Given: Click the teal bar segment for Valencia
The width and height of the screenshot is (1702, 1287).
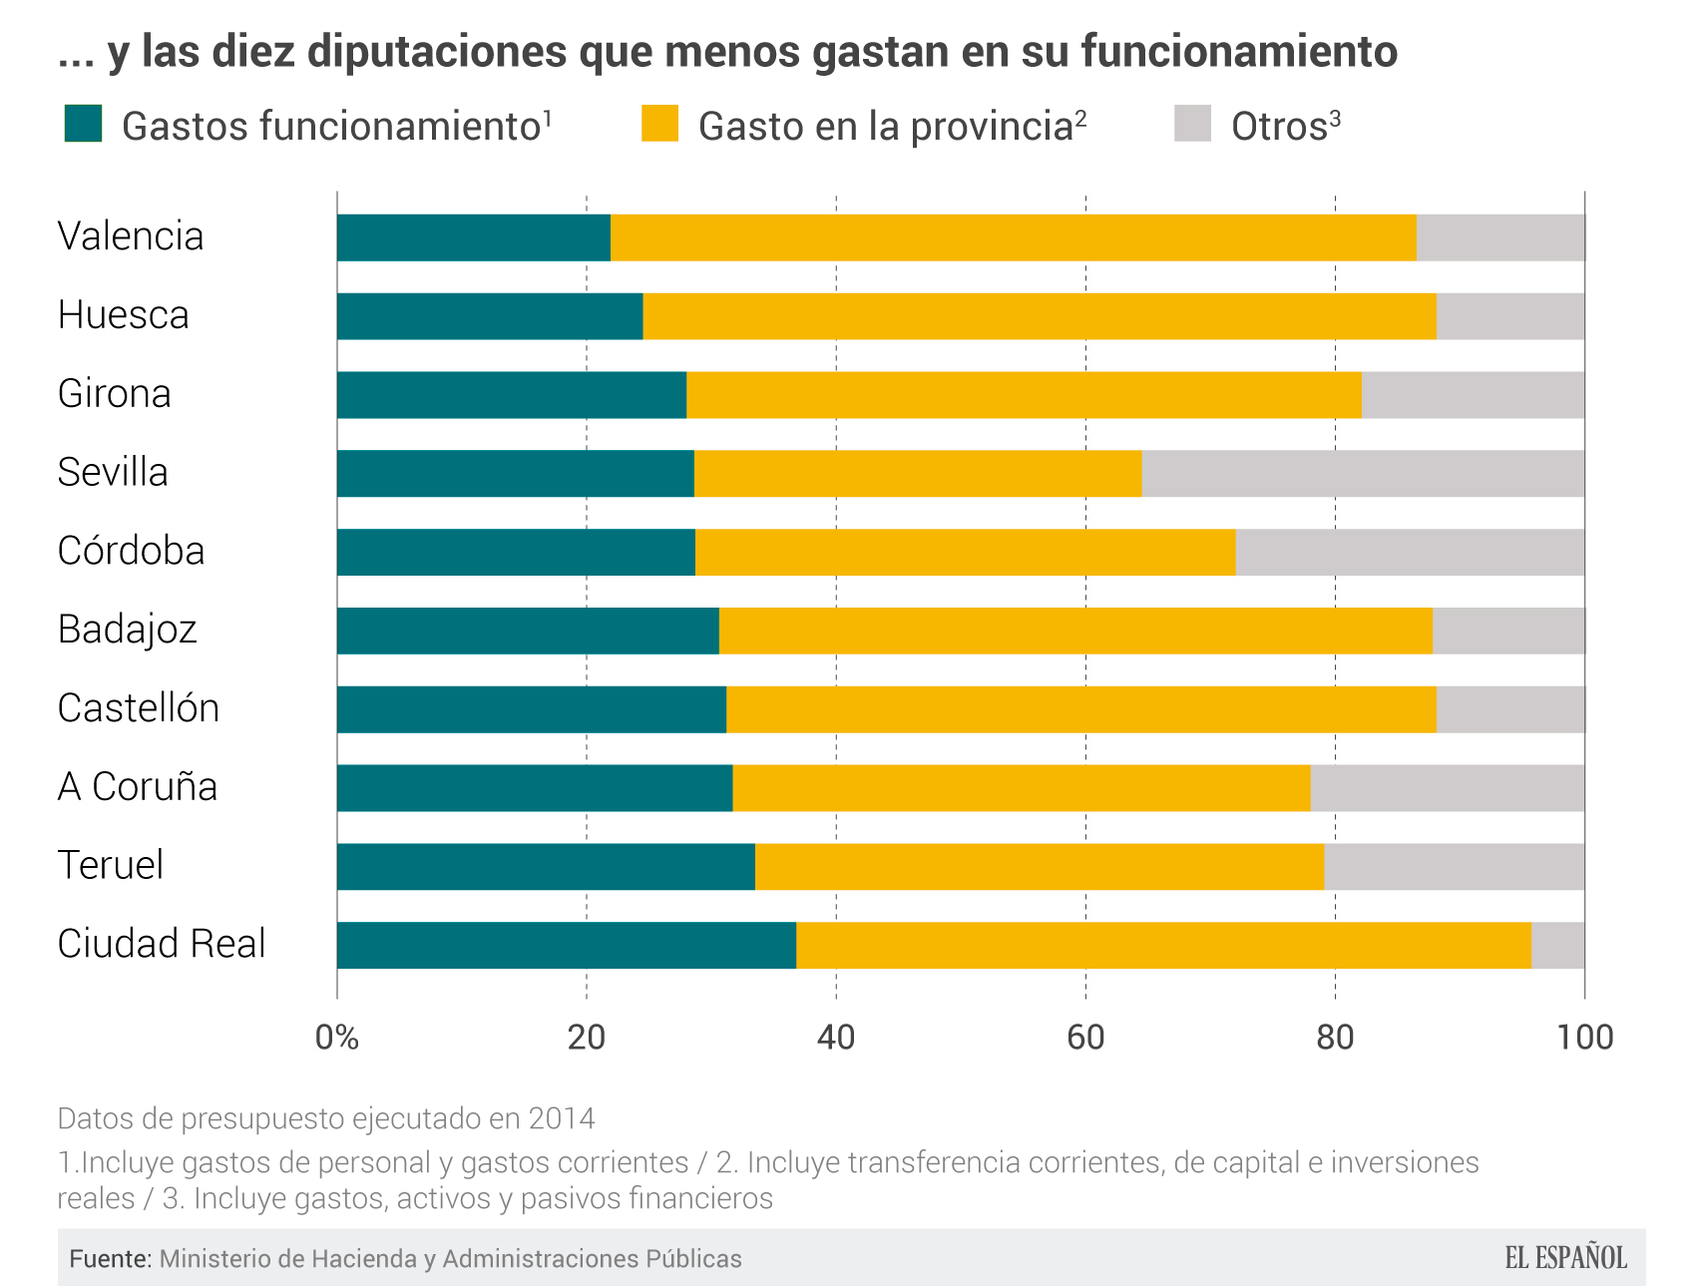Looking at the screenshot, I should pyautogui.click(x=473, y=237).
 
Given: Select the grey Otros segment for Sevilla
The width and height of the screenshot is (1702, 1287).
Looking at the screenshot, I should pyautogui.click(x=1363, y=474).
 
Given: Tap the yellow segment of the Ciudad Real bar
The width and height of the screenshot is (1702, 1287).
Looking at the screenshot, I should pyautogui.click(x=1163, y=945).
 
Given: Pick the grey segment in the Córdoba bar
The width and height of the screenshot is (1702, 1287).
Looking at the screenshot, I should pyautogui.click(x=1409, y=552).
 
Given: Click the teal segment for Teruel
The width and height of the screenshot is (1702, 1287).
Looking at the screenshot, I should pyautogui.click(x=546, y=866).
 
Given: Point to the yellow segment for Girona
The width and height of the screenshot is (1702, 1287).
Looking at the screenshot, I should pyautogui.click(x=1024, y=395).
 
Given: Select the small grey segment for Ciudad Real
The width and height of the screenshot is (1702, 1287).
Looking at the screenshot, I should pyautogui.click(x=1557, y=945).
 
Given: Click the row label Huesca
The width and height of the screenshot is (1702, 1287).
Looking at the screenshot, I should pyautogui.click(x=123, y=315).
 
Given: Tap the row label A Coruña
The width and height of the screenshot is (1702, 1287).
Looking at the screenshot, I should pyautogui.click(x=137, y=787).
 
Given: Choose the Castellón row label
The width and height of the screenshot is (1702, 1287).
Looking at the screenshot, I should pyautogui.click(x=138, y=708).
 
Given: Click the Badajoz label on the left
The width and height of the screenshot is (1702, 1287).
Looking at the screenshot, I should pyautogui.click(x=127, y=630).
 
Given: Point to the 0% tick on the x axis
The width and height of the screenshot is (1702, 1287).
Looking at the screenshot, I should pyautogui.click(x=336, y=1038).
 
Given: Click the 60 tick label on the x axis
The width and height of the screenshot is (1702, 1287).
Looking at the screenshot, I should pyautogui.click(x=1085, y=1038).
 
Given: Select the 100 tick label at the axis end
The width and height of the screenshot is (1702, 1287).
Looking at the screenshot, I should pyautogui.click(x=1584, y=1038).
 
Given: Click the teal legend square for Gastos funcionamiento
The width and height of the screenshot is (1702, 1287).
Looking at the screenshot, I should pyautogui.click(x=83, y=124).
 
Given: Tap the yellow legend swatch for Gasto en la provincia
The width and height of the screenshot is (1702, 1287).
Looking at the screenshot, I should pyautogui.click(x=659, y=124).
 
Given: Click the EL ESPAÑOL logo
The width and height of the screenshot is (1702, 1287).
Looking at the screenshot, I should pyautogui.click(x=1565, y=1258).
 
